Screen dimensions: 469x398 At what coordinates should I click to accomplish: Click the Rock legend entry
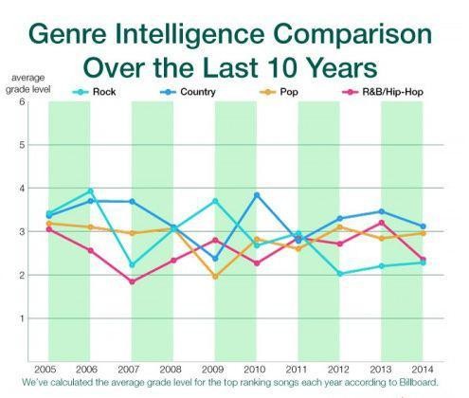(94, 92)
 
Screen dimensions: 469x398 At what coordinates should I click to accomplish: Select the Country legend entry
(188, 92)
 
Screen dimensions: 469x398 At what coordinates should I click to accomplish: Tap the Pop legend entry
(279, 92)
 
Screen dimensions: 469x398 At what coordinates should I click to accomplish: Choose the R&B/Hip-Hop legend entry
(383, 92)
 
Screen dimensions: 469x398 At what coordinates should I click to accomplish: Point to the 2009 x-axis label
(212, 369)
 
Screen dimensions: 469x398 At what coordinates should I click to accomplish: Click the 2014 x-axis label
(422, 369)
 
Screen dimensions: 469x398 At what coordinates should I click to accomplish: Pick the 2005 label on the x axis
(45, 369)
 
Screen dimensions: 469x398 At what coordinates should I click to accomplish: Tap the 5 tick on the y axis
(22, 145)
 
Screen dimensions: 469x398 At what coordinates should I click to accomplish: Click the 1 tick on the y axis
(22, 318)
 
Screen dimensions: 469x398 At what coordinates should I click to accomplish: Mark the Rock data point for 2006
(90, 190)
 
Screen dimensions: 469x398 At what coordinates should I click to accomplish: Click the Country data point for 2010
(257, 195)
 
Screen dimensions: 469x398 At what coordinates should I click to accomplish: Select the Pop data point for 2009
(215, 277)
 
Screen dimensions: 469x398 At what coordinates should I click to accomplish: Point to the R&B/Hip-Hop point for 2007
(132, 281)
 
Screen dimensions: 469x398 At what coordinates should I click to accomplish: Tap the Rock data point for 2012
(340, 274)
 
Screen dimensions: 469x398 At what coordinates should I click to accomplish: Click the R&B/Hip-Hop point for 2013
(382, 223)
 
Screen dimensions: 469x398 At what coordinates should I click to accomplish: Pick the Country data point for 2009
(215, 259)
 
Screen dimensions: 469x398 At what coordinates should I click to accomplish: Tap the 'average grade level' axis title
(27, 83)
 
